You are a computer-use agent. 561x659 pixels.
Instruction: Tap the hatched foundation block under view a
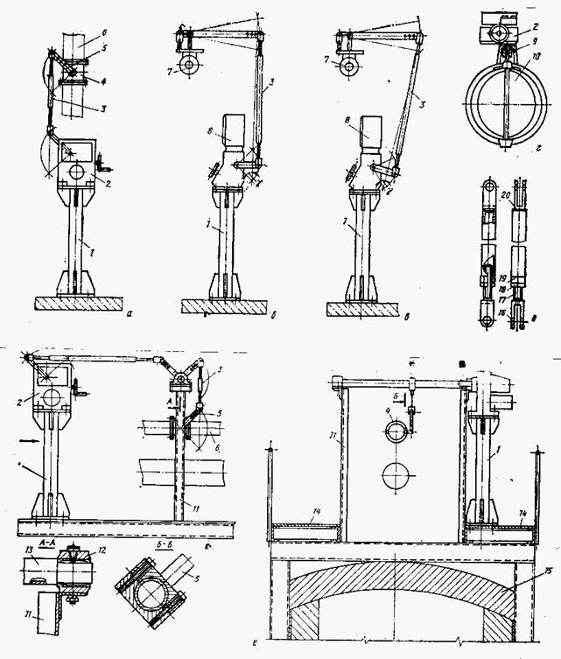(80, 302)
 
